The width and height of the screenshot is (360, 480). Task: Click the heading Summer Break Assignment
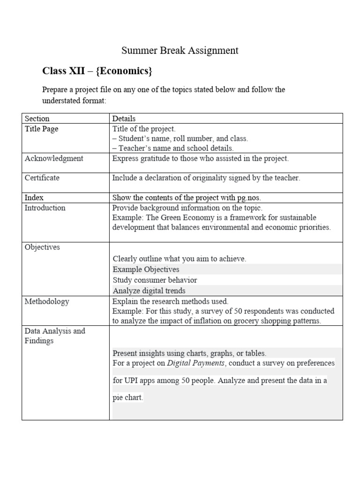click(x=180, y=51)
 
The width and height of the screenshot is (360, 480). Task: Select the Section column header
click(x=37, y=119)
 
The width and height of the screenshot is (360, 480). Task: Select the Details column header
click(x=124, y=119)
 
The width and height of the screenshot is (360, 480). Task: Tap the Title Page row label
click(x=42, y=129)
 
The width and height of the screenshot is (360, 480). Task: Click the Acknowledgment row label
click(x=54, y=158)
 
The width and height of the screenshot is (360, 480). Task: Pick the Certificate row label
click(x=42, y=178)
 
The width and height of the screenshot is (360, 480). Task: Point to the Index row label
click(x=34, y=198)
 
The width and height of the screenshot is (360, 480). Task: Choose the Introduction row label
click(x=45, y=208)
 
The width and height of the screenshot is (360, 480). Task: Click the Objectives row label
click(x=42, y=247)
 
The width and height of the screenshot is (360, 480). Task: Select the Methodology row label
click(x=47, y=301)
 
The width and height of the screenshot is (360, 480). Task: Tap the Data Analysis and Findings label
click(x=55, y=336)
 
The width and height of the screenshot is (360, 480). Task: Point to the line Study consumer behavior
click(x=155, y=280)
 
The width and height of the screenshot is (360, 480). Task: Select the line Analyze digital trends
click(x=149, y=291)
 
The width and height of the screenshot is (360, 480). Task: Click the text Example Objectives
click(x=146, y=270)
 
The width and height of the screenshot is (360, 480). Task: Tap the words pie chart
click(x=127, y=398)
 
